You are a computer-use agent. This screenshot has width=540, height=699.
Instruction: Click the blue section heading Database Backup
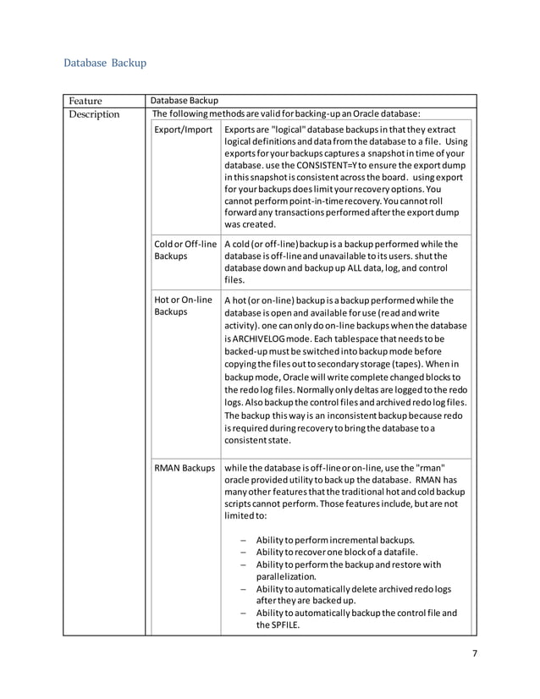click(105, 63)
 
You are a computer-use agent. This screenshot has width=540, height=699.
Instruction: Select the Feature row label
click(86, 101)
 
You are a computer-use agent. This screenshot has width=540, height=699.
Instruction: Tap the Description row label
click(94, 114)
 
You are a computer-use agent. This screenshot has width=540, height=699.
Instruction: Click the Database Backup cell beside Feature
click(184, 101)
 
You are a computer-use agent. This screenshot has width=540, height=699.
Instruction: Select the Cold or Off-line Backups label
click(185, 250)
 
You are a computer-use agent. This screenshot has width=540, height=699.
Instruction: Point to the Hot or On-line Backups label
click(183, 306)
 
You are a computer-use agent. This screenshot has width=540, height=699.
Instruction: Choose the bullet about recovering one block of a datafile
click(334, 553)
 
